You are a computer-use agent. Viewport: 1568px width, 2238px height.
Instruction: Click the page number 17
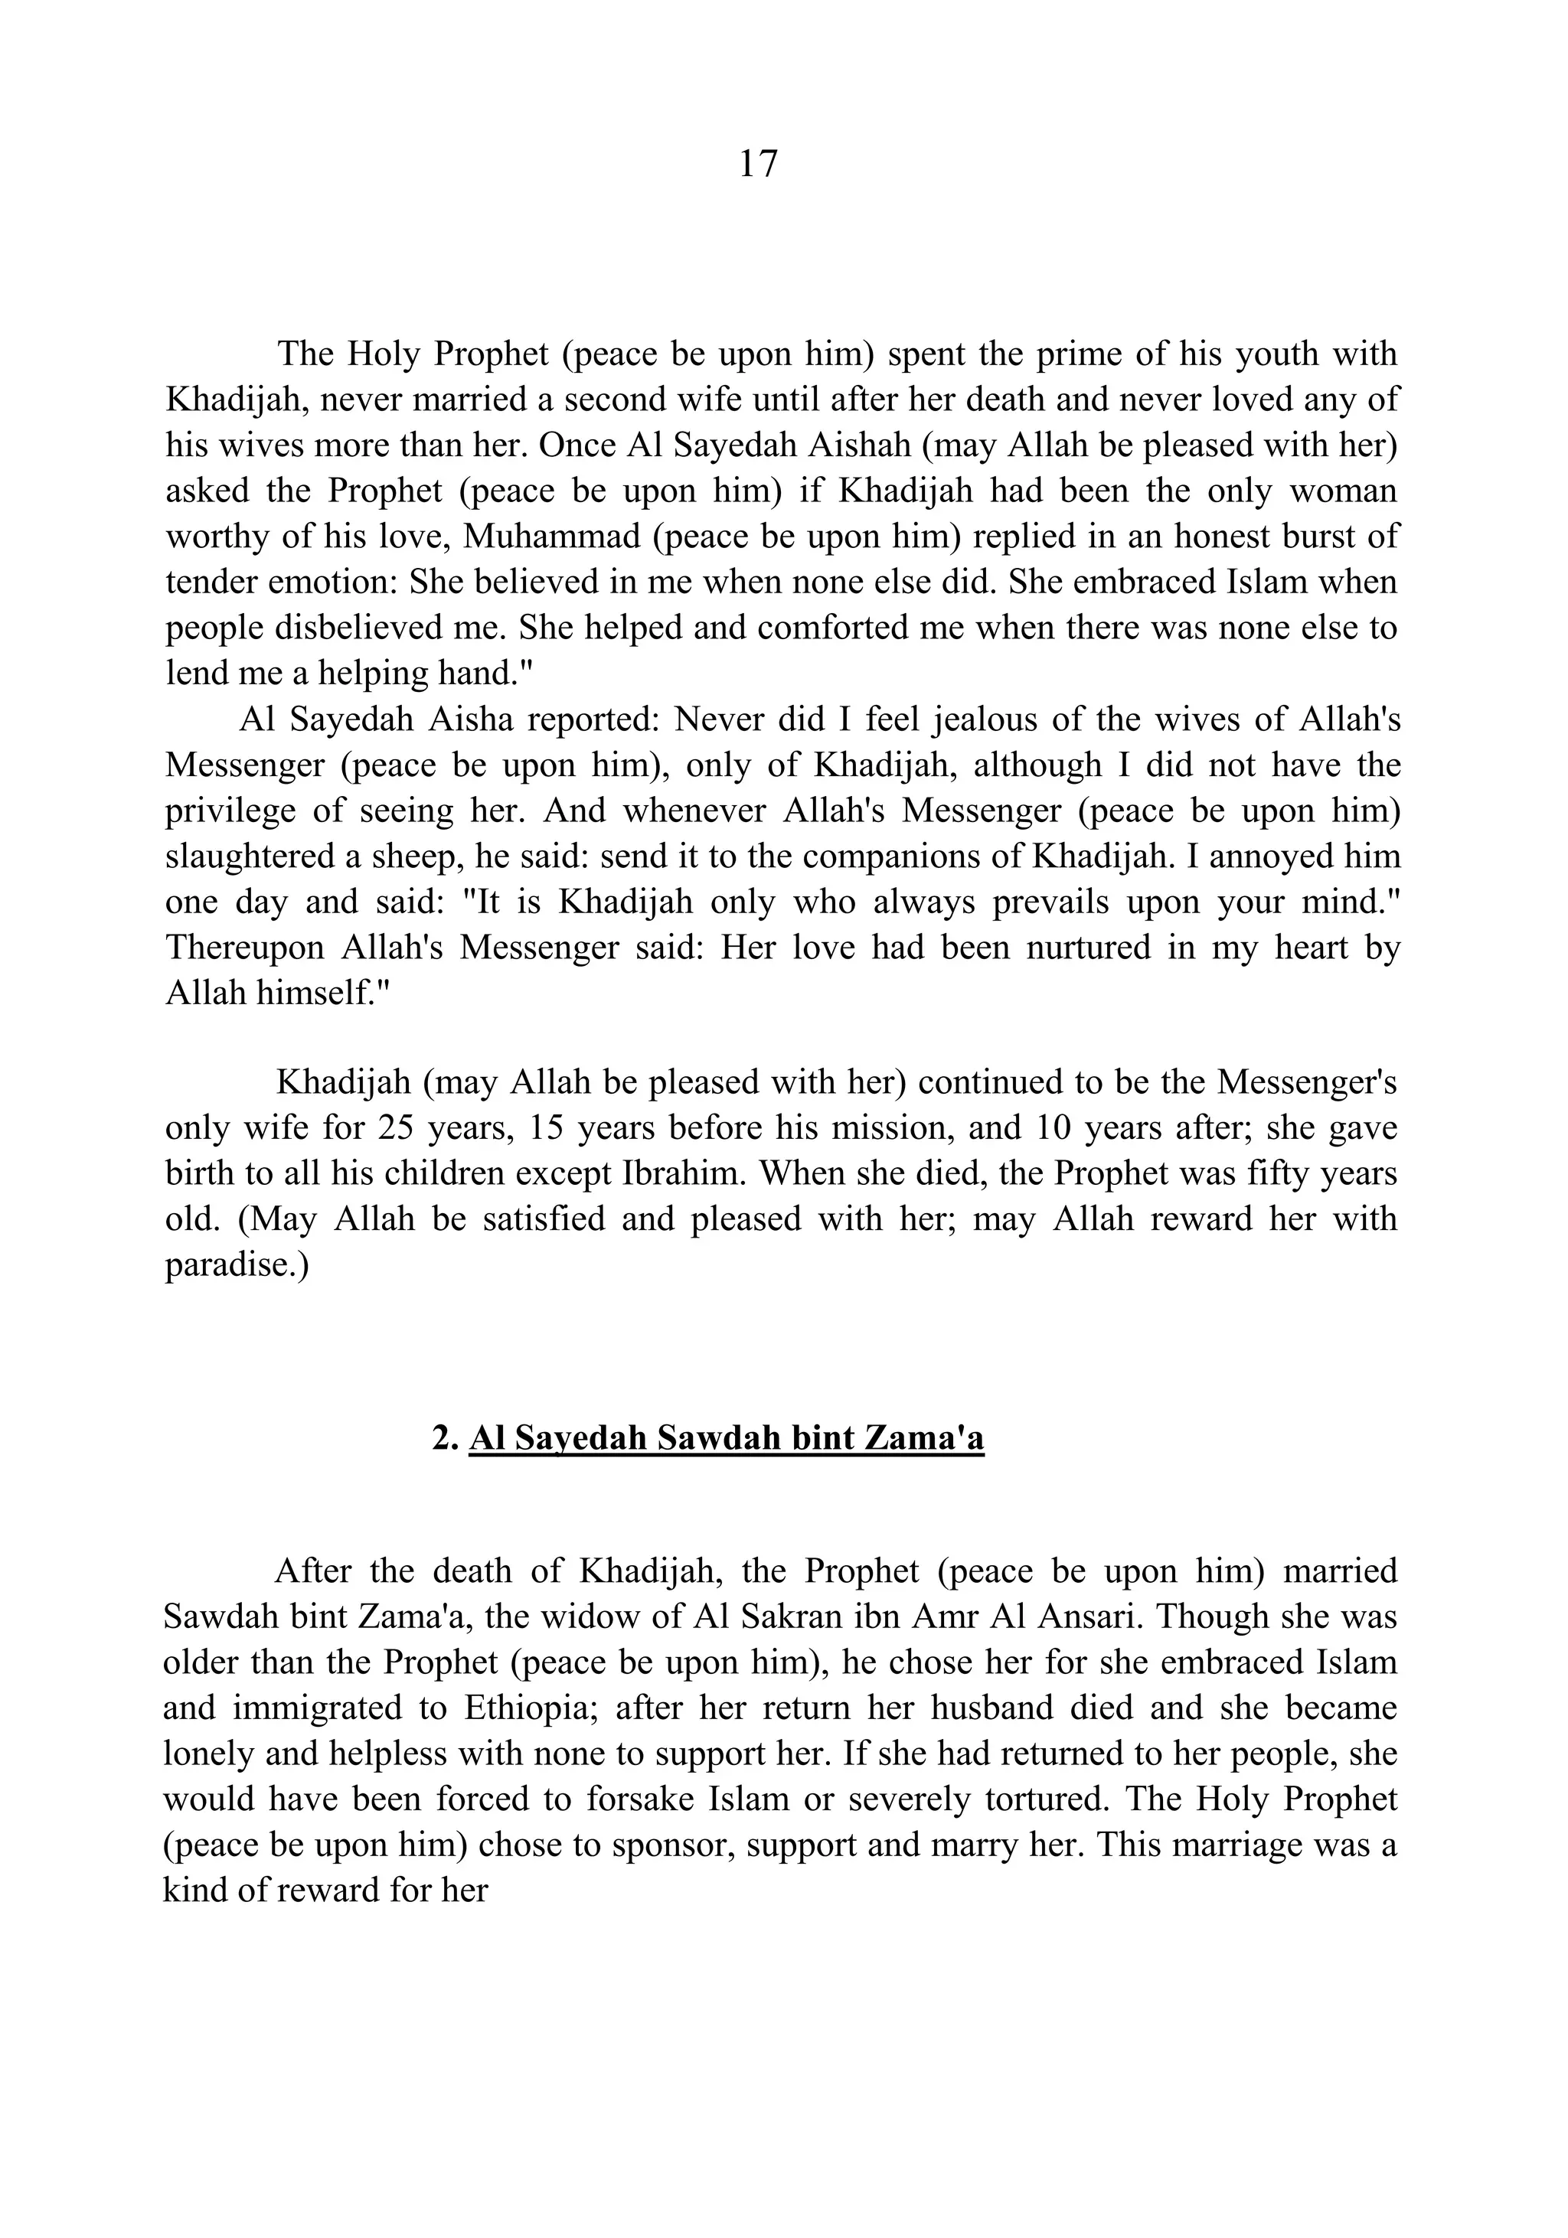tap(758, 164)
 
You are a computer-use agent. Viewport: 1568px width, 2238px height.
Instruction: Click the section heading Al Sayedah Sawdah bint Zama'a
tap(726, 1439)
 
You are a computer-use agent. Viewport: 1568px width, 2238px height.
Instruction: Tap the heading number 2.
tap(445, 1439)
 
